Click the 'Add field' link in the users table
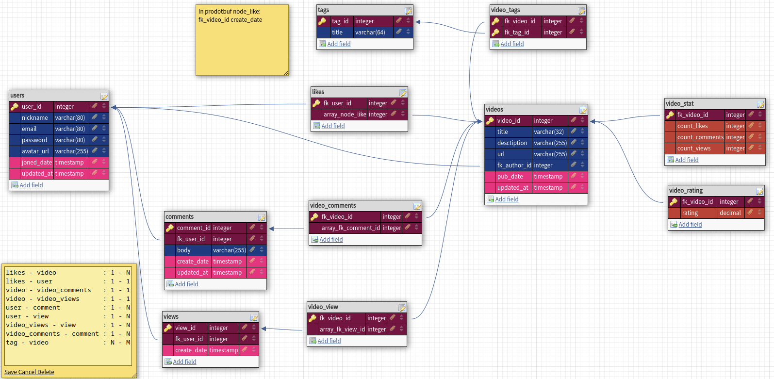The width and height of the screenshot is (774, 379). [31, 185]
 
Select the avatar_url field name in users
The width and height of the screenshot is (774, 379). [35, 151]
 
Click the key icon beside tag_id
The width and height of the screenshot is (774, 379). [322, 21]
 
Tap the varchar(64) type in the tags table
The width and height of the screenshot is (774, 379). [370, 33]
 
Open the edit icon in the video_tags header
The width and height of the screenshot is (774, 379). [581, 11]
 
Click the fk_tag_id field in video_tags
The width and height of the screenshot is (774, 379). [517, 33]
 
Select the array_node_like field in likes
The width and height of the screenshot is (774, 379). [345, 115]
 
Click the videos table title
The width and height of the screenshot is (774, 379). [494, 110]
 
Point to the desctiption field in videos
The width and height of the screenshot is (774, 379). [512, 143]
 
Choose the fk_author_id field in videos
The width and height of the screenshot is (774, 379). [514, 165]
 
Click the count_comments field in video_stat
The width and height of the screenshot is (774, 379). [700, 137]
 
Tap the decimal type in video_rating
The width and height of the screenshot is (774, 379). [730, 213]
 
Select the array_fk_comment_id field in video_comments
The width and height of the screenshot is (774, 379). [351, 228]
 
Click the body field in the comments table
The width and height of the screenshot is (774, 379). [184, 250]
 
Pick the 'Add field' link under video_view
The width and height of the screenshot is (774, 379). [329, 341]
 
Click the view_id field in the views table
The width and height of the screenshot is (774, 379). [185, 328]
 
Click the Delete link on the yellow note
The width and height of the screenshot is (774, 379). [46, 372]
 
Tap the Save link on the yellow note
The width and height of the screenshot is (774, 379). [10, 372]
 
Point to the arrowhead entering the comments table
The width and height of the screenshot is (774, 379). [271, 229]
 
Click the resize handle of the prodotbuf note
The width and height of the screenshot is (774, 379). [286, 73]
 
